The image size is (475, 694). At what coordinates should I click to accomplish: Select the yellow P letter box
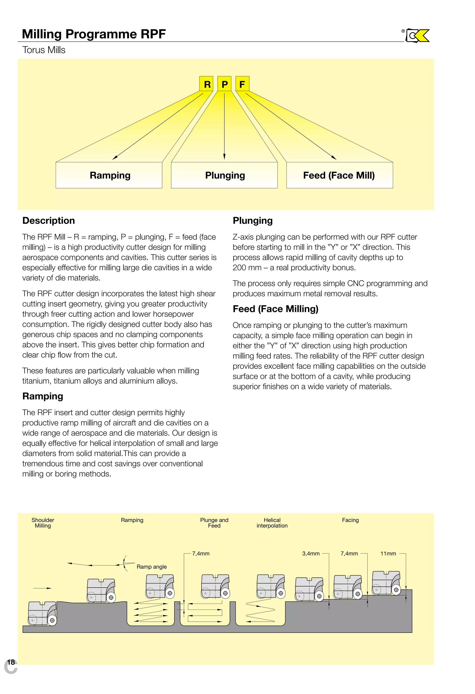[224, 84]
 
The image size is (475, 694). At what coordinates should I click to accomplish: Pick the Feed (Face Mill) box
[339, 175]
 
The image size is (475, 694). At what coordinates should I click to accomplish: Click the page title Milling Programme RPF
[94, 34]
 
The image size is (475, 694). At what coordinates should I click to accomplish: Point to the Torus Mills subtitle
[44, 50]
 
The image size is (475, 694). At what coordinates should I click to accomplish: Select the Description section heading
[49, 221]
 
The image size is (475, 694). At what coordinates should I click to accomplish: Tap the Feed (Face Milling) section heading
[276, 309]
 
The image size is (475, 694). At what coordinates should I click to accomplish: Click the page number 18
[11, 662]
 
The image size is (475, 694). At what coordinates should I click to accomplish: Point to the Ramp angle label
[152, 567]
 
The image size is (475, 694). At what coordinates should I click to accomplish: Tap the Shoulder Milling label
[43, 523]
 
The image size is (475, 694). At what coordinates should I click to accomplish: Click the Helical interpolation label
[272, 523]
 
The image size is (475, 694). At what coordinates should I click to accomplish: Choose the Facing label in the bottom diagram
[350, 520]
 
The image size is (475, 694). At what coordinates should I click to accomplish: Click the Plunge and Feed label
[214, 523]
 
